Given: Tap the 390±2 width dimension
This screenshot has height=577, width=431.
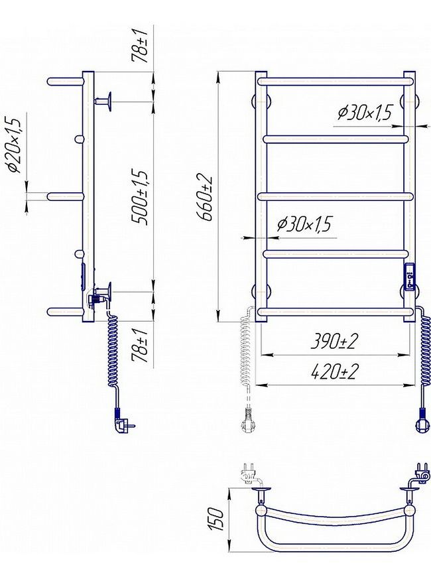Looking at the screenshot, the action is [x=334, y=342].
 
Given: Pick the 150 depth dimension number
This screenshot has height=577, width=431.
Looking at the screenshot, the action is [x=216, y=519].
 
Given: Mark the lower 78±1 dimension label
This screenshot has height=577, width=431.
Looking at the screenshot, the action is [x=141, y=346].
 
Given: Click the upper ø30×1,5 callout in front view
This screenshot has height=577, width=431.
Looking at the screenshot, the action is [x=365, y=113].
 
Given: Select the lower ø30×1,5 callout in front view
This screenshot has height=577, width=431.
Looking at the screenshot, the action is [x=304, y=224].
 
